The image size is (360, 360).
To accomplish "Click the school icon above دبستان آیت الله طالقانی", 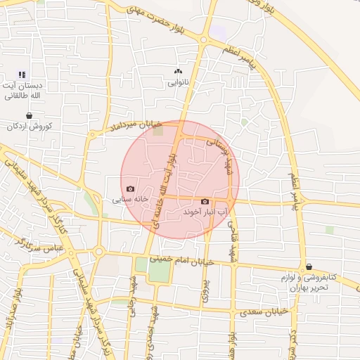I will [x=22, y=74].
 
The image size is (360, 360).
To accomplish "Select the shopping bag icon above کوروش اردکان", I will [x=29, y=115].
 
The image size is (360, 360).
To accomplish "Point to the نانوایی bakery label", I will [x=177, y=82].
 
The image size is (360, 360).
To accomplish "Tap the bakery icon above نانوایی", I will [x=177, y=72].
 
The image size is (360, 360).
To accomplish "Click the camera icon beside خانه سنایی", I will [x=130, y=188].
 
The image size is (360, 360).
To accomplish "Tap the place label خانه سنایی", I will [x=131, y=199].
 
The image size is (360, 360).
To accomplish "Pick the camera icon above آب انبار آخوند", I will [x=205, y=202].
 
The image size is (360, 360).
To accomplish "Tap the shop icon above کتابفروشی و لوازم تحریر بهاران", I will [x=309, y=266].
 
